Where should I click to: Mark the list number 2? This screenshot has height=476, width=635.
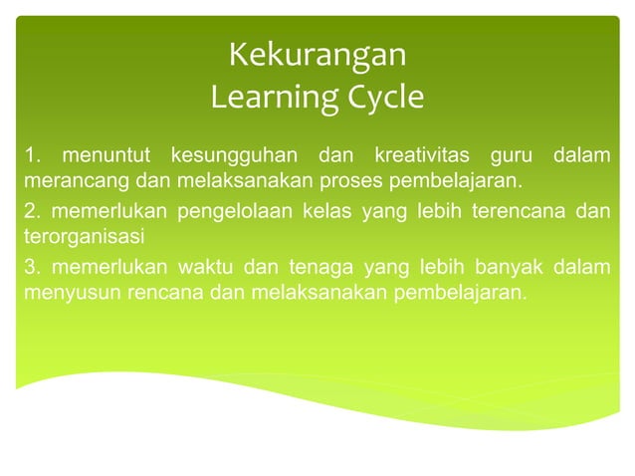[31, 212]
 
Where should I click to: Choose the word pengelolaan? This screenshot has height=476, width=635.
[222, 212]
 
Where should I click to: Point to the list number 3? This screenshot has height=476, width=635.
[31, 268]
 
